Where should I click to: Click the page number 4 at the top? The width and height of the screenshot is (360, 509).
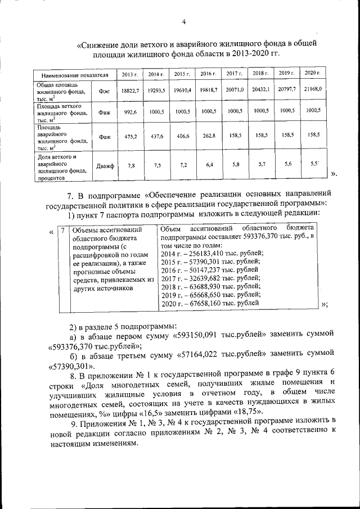183,22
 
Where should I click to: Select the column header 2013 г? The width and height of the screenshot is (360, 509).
129,74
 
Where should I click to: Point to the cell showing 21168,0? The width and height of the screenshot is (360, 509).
313,89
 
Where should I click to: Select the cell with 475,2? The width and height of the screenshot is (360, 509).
130,136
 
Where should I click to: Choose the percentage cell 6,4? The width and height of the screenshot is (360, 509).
209,165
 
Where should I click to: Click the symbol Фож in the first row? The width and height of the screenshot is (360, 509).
104,91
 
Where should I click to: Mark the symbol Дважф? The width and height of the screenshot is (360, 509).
105,166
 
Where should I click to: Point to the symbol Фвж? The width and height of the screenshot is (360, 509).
104,112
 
